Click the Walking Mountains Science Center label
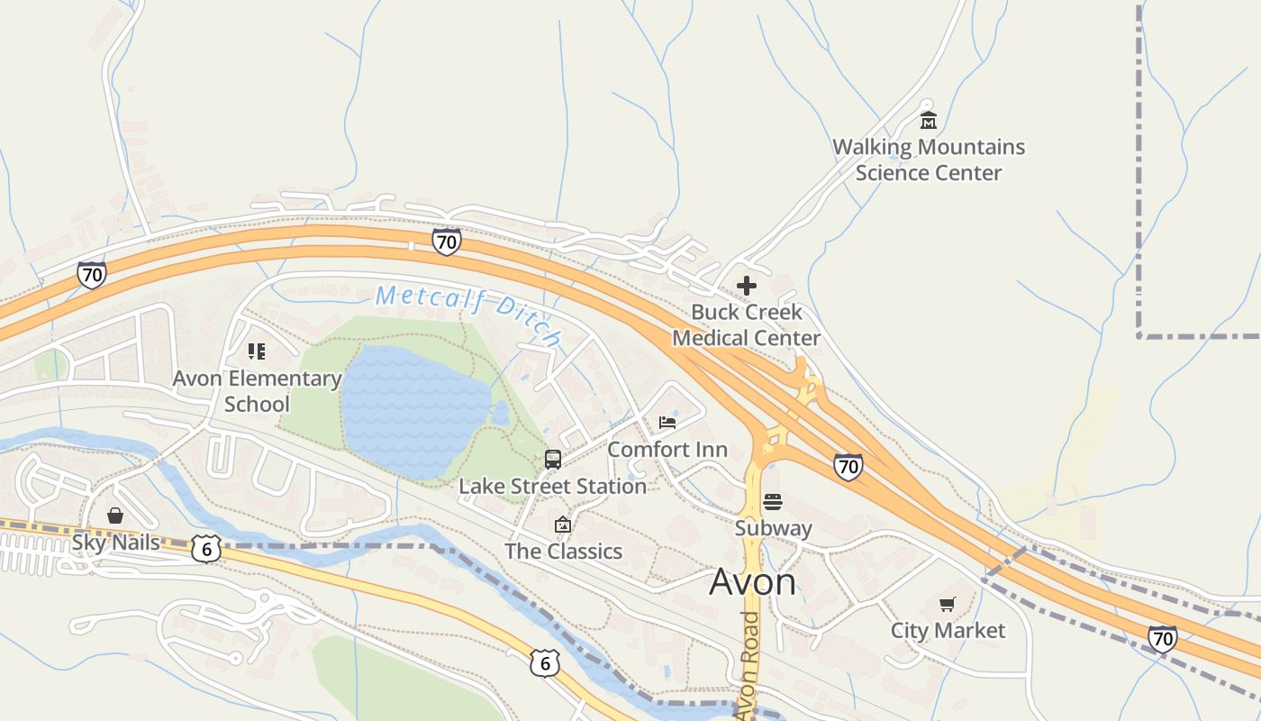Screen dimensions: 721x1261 [928, 160]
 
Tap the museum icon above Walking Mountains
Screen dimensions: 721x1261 [928, 121]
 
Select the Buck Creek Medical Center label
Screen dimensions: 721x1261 [746, 325]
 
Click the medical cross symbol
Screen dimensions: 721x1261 [746, 286]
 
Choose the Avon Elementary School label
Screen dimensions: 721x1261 [257, 391]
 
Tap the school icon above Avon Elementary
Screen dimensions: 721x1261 [257, 351]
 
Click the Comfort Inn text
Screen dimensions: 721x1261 [667, 449]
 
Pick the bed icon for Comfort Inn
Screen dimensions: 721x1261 [667, 422]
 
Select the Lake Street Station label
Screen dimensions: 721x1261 [552, 487]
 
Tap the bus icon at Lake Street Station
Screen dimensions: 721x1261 [552, 459]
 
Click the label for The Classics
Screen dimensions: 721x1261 [563, 552]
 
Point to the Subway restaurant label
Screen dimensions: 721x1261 [773, 528]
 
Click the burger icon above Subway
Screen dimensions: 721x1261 [773, 502]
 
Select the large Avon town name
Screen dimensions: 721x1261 [752, 582]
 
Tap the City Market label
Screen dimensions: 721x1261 [948, 630]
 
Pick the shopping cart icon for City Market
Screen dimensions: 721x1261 [947, 604]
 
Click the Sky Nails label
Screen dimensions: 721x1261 [115, 543]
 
